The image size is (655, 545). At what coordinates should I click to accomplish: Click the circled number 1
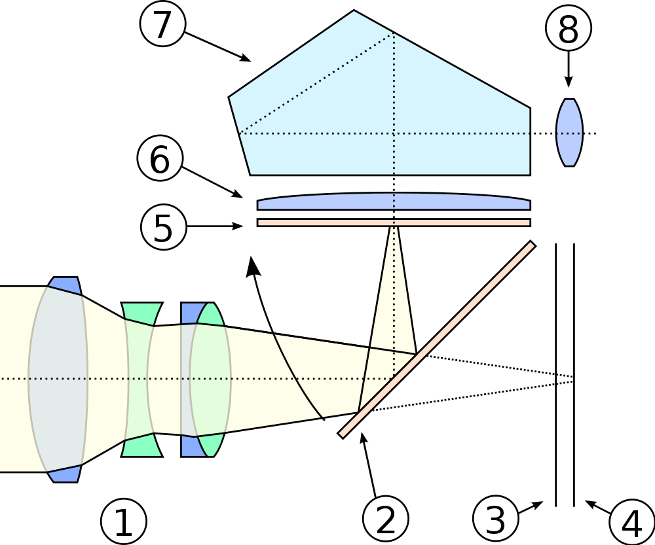[x=123, y=522]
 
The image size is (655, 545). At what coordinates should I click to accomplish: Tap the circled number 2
[x=386, y=519]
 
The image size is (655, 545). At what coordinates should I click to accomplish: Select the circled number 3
[x=496, y=519]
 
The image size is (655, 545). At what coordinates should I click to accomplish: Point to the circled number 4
[x=632, y=523]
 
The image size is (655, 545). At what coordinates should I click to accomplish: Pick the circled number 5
[x=164, y=228]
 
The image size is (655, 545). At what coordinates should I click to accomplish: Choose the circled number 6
[x=160, y=160]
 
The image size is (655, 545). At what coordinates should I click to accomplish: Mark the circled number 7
[x=162, y=24]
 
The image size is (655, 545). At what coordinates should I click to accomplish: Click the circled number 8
[x=569, y=29]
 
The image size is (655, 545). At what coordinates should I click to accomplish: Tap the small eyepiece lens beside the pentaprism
[x=569, y=133]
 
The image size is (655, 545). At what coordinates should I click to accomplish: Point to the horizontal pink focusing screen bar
[x=393, y=222]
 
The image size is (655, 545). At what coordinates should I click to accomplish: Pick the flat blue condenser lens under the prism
[x=393, y=202]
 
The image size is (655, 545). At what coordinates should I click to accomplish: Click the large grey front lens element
[x=58, y=378]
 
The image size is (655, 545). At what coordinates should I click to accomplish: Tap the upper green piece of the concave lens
[x=141, y=313]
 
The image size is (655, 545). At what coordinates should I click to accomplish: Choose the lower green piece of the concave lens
[x=141, y=446]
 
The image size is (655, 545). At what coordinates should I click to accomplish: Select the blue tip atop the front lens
[x=65, y=286]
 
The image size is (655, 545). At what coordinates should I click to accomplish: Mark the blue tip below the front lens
[x=65, y=473]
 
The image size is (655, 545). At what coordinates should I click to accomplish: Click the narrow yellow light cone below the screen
[x=393, y=294]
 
